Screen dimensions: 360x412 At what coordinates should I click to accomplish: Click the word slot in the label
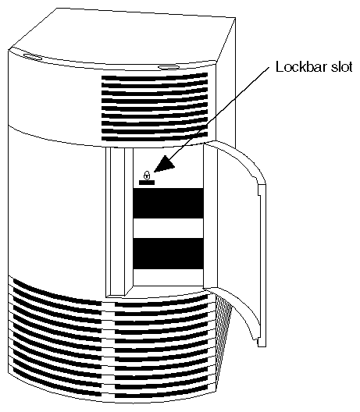[x=342, y=67]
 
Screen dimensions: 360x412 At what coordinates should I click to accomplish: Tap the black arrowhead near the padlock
[x=164, y=164]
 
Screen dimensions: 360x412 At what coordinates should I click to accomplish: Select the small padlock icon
[x=147, y=175]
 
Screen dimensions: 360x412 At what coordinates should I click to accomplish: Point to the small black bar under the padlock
[x=147, y=183]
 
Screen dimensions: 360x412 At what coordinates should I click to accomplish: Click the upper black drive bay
[x=169, y=203]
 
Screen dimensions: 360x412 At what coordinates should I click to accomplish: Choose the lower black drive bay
[x=169, y=254]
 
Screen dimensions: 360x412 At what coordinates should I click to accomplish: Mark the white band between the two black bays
[x=169, y=229]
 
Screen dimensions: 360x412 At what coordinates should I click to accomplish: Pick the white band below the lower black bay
[x=169, y=278]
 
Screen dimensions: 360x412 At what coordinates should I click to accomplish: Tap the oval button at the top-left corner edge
[x=33, y=57]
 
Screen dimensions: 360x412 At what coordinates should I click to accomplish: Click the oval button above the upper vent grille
[x=167, y=68]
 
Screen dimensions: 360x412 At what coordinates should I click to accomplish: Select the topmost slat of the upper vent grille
[x=155, y=77]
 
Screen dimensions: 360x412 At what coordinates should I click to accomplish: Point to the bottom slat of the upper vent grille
[x=155, y=137]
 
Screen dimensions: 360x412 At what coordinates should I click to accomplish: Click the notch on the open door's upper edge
[x=259, y=190]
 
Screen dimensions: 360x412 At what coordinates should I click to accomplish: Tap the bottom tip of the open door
[x=262, y=346]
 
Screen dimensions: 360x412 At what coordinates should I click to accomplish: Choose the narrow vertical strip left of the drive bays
[x=117, y=222]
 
